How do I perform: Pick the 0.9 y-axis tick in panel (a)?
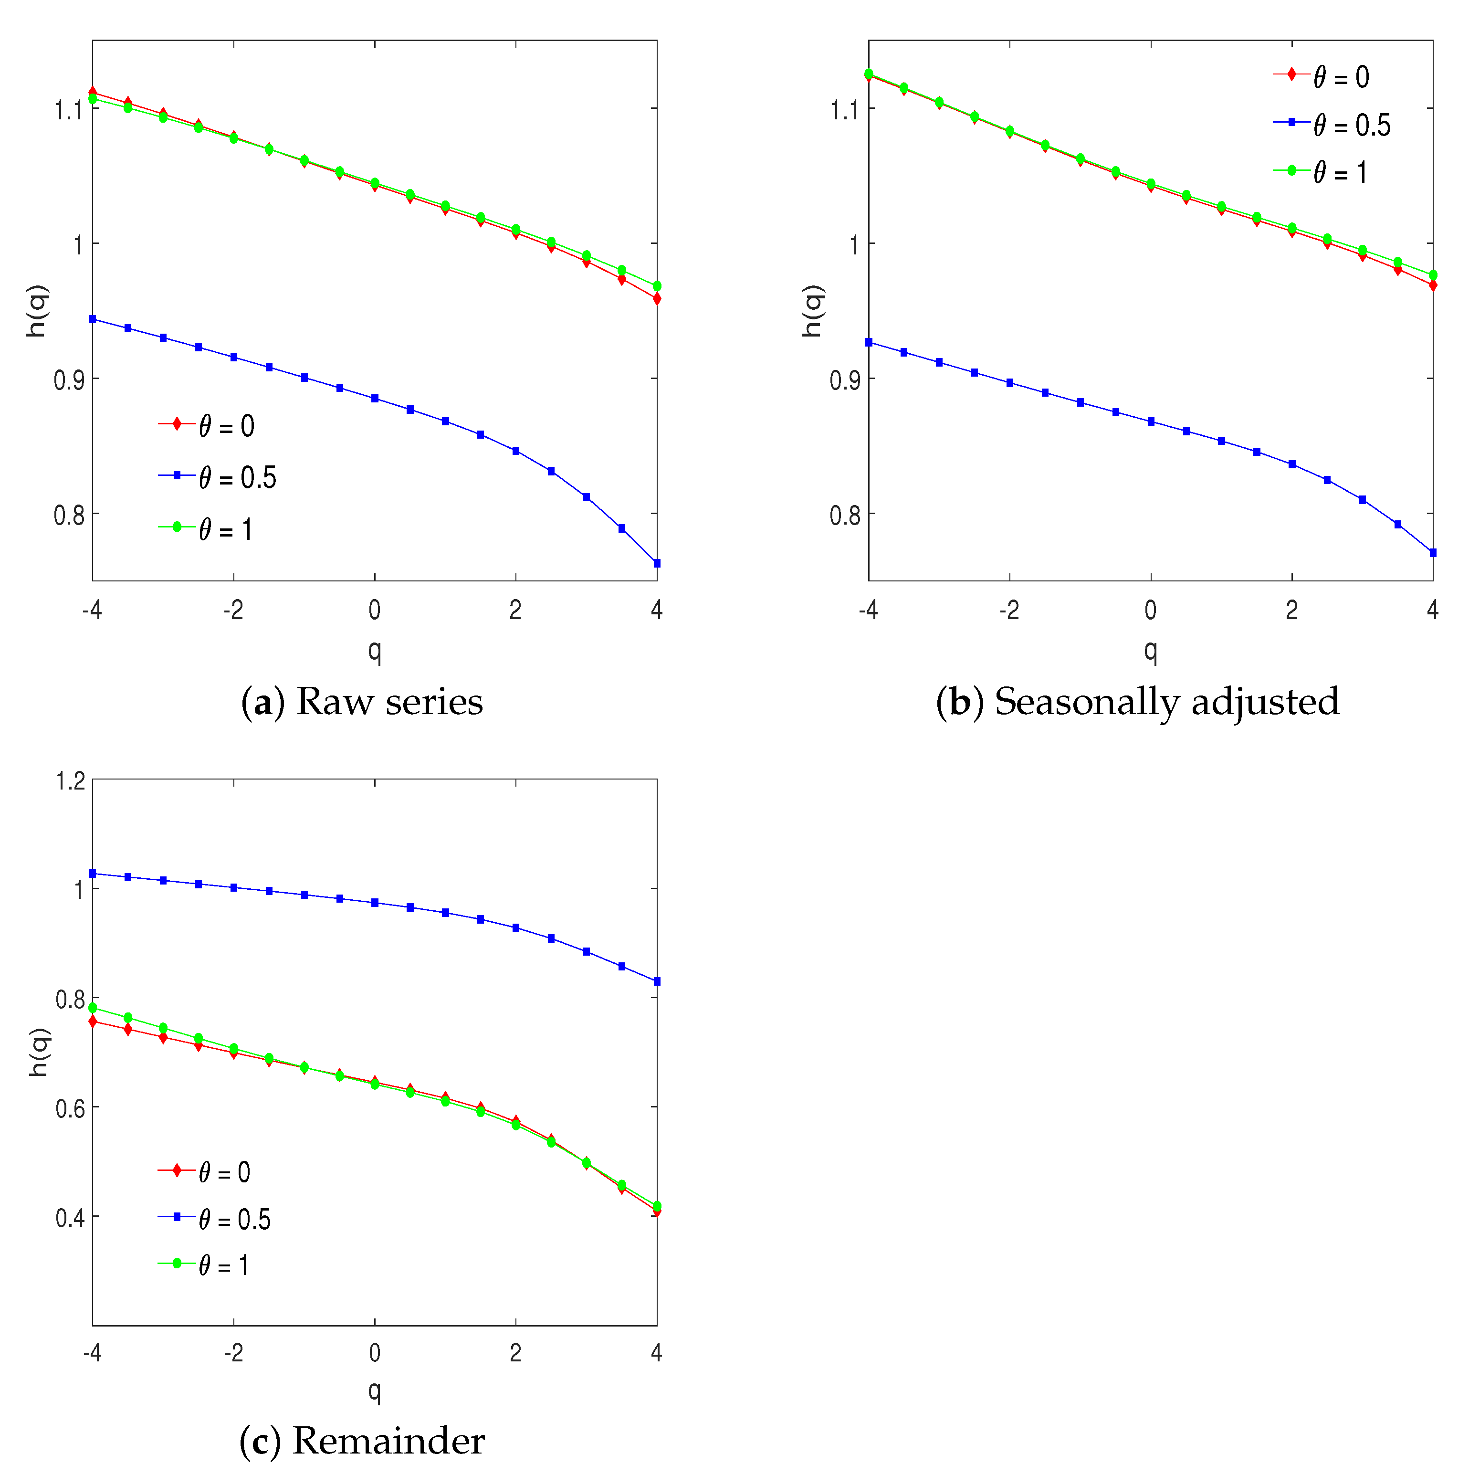click(69, 380)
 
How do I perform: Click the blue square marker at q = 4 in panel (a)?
click(657, 563)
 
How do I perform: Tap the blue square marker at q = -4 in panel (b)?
click(869, 343)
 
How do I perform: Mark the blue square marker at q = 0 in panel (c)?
click(375, 902)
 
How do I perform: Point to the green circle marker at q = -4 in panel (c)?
click(93, 1008)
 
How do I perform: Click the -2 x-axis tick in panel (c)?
click(234, 1353)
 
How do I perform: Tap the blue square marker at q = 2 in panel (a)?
click(516, 451)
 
